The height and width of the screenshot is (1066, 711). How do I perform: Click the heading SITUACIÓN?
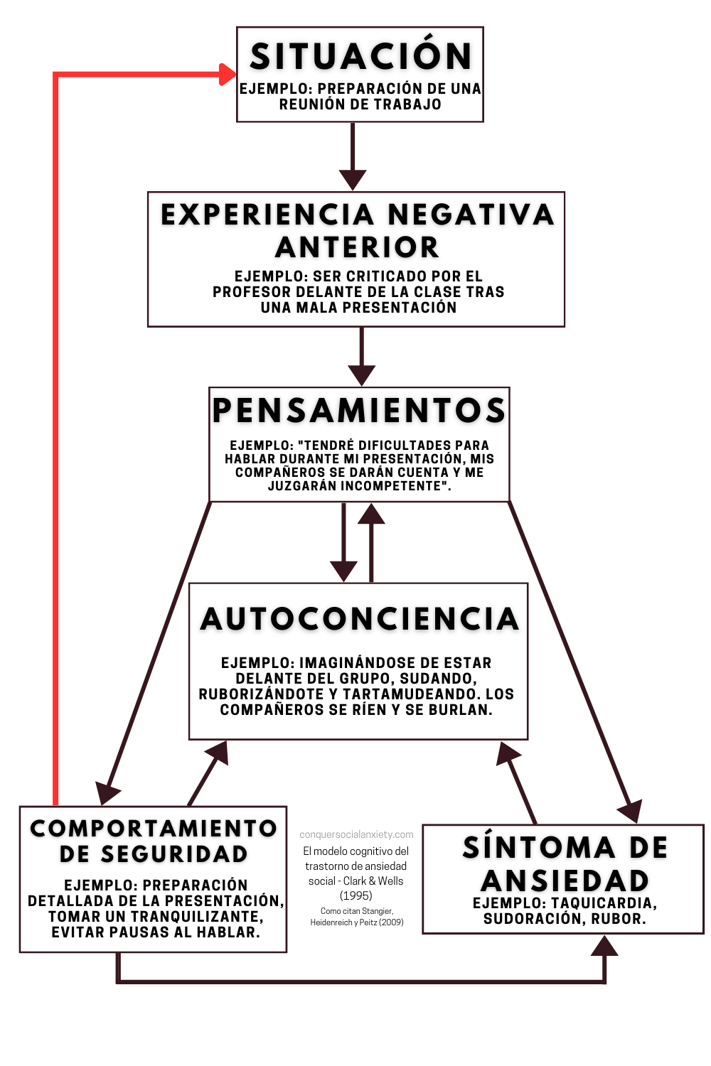(x=360, y=55)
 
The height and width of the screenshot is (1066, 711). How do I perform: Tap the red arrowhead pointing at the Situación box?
(x=228, y=74)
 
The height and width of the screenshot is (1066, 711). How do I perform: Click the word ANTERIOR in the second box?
(x=357, y=247)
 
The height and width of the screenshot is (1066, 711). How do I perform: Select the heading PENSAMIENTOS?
(x=358, y=410)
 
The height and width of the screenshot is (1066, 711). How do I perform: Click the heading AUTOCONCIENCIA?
(x=360, y=619)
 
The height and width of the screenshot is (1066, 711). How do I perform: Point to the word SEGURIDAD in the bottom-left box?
(x=174, y=854)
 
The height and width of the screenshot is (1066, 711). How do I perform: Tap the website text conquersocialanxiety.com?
(x=356, y=834)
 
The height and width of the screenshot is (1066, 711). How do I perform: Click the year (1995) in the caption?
(x=355, y=895)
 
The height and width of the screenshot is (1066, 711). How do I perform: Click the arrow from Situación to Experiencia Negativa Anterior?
(x=353, y=156)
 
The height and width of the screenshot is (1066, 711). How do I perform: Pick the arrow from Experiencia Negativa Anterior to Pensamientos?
(x=361, y=357)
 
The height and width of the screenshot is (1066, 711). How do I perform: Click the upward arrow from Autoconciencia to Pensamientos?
(x=371, y=542)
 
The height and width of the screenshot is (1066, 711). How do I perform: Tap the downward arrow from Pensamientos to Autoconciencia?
(x=343, y=542)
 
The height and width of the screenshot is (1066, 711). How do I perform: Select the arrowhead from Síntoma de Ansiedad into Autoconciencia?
(x=507, y=754)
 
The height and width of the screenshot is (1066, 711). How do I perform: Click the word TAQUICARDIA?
(x=604, y=903)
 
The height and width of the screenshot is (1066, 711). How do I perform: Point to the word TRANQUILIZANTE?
(x=196, y=916)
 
